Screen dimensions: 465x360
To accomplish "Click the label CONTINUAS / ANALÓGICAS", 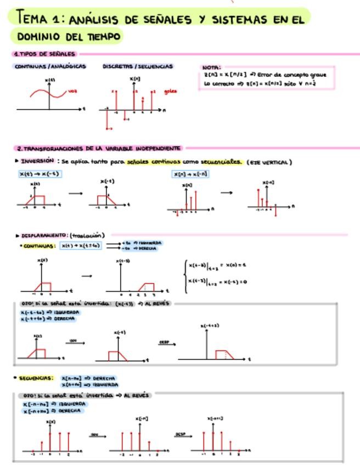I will pos(50,66).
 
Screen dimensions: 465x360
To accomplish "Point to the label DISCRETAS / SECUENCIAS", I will pos(138,66).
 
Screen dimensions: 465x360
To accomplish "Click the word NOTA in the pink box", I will pos(211,67).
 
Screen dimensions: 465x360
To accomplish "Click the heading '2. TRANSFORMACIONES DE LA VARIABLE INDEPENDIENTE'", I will pos(99,148).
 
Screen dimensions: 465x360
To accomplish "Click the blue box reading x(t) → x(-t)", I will pos(39,174).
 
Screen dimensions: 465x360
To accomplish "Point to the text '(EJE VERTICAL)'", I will pos(269,162).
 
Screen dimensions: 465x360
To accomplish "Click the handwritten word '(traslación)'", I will pos(87,235).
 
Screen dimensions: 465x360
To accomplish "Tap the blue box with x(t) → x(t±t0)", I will pos(81,246).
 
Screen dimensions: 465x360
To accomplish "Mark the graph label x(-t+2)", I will pos(210,326).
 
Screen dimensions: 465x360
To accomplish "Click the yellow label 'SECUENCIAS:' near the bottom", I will pos(36,378).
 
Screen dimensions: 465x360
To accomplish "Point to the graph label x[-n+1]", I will pos(215,418).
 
